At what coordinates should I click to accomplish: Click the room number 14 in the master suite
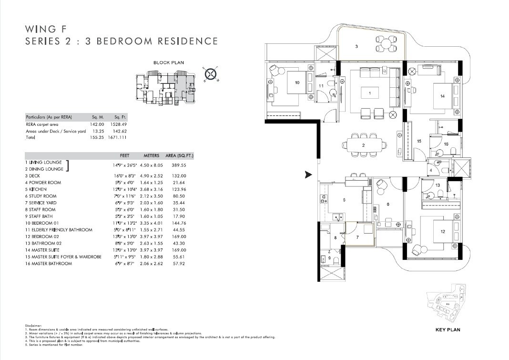442,96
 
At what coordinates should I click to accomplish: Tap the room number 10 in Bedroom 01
297,82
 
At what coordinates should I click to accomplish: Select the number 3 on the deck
356,46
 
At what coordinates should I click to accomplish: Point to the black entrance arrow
308,175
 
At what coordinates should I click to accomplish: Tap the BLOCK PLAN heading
168,62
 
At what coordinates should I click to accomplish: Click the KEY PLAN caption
448,329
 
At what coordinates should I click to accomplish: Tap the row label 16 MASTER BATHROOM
48,263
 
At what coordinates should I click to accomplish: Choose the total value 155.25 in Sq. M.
97,137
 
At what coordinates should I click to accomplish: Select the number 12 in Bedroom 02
443,232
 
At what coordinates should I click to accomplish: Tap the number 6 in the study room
388,204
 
